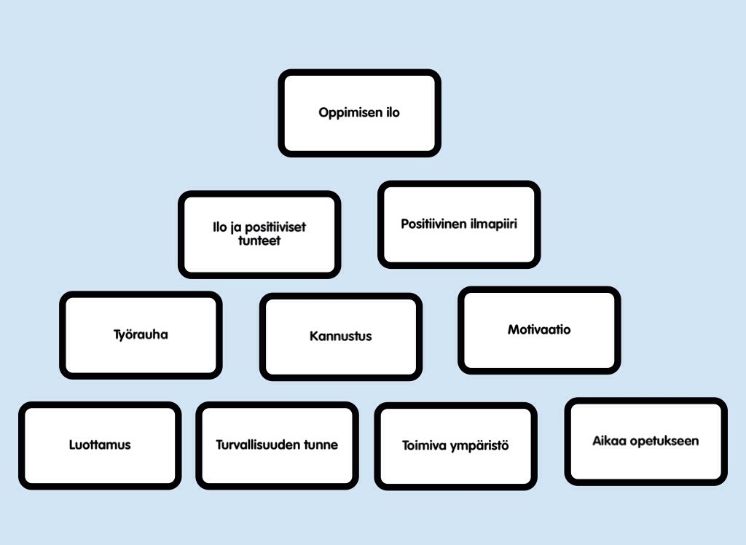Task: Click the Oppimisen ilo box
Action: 359,113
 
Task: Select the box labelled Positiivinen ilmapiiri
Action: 459,224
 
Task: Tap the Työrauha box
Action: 141,335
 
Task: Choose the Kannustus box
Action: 340,337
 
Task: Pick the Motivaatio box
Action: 539,330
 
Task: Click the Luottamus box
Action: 100,444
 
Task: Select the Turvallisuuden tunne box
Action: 277,444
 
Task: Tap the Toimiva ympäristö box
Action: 455,445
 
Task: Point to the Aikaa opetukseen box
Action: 645,441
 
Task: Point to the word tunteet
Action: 259,240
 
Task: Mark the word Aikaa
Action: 608,441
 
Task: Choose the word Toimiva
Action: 423,445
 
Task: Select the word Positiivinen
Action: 433,224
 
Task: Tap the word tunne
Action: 320,444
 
